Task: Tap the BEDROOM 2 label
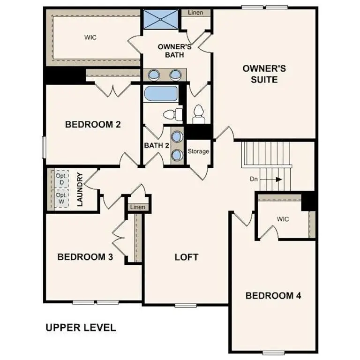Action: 93,125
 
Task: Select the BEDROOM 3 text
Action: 85,257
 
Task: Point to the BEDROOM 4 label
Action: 273,296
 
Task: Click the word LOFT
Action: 186,257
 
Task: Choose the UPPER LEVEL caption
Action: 81,328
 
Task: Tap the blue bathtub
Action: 160,93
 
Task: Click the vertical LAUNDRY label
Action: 80,190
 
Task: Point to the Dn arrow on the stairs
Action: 278,179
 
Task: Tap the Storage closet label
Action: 198,152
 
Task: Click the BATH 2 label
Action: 157,145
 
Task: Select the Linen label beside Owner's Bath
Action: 195,13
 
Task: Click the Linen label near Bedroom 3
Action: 137,207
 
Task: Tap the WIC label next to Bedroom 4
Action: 283,219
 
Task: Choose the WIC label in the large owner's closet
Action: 90,37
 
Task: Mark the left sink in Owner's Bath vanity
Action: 154,74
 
